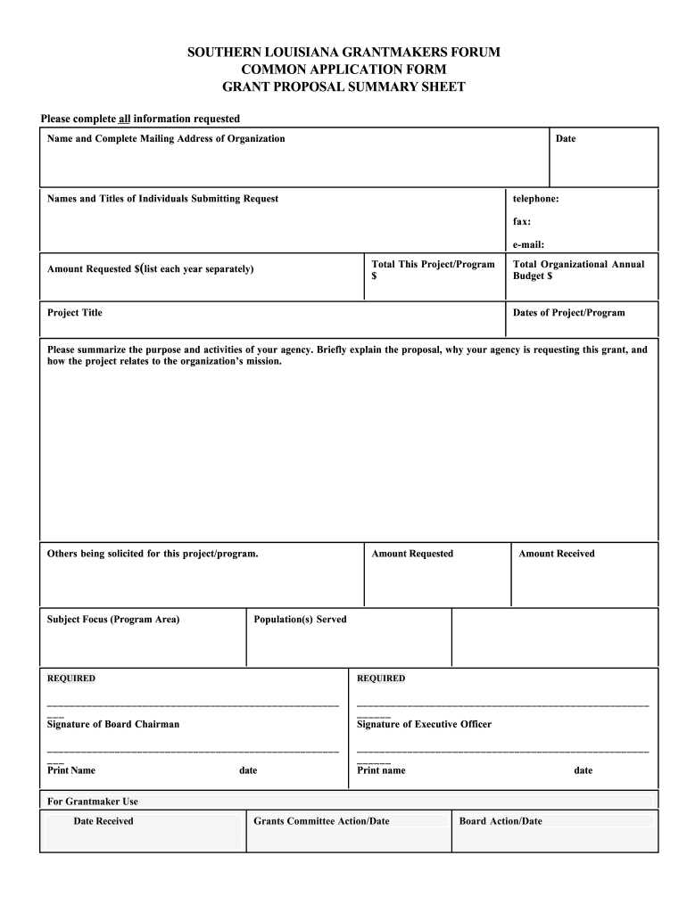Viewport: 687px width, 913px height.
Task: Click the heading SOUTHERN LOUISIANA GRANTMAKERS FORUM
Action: click(343, 53)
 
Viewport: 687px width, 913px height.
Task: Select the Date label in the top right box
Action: click(566, 138)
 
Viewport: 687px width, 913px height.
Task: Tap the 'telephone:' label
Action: click(535, 198)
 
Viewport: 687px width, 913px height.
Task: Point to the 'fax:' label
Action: click(522, 221)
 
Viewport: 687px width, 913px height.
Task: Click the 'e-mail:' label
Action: click(528, 244)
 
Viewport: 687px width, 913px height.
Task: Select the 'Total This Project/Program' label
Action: click(433, 265)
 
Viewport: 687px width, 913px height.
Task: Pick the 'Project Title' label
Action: click(75, 313)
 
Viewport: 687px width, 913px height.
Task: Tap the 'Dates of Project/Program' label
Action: click(568, 313)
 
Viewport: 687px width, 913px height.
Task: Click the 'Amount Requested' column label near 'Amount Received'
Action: click(412, 554)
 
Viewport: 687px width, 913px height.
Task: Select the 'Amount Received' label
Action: click(557, 554)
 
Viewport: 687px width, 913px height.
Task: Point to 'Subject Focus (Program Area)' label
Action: click(113, 619)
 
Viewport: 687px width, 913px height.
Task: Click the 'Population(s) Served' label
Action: click(301, 619)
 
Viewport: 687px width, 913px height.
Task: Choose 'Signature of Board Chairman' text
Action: click(113, 724)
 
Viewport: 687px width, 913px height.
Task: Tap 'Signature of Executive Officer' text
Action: click(424, 724)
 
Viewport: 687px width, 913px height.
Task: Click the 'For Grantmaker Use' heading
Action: click(93, 801)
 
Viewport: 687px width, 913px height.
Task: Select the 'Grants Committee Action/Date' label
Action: click(322, 821)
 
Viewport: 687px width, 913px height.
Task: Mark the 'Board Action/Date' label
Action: click(501, 821)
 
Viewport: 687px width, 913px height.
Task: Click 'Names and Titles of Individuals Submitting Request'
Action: click(162, 198)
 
